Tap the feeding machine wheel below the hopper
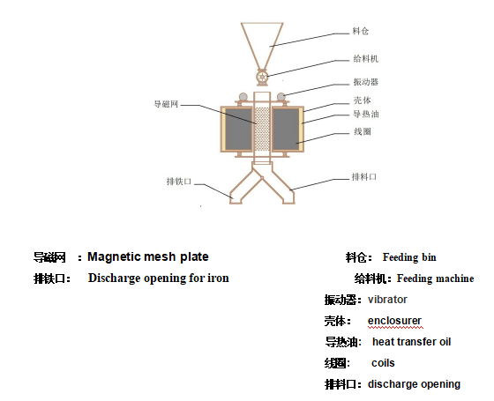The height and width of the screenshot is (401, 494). pos(262,77)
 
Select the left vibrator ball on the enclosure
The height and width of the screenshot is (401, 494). pos(243,96)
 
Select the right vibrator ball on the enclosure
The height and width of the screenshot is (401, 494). pos(281,96)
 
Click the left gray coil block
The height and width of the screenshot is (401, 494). pos(238,129)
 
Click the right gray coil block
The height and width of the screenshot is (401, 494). pos(286,129)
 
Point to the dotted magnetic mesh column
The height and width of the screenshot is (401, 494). pos(262,129)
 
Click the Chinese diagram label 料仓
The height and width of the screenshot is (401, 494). pos(361,31)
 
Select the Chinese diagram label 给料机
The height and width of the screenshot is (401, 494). pos(365,58)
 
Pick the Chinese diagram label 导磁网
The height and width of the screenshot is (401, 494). pos(166,104)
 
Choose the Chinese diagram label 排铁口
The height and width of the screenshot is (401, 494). pos(179,182)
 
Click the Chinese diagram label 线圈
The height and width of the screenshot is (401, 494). pos(363,131)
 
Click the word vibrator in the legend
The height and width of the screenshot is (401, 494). pos(387,300)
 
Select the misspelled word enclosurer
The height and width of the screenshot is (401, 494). pos(394,321)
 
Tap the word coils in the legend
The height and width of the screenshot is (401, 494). pos(383,363)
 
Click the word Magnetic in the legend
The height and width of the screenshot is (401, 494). pos(111,257)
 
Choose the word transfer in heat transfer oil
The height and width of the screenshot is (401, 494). pos(411,342)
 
